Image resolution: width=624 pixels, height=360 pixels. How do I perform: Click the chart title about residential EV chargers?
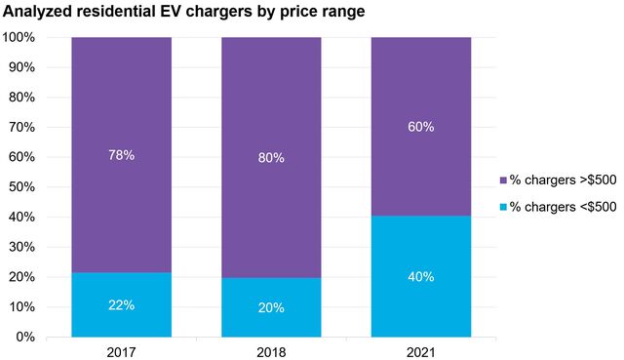pyautogui.click(x=183, y=13)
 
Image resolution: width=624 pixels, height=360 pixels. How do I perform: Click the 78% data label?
pyautogui.click(x=121, y=154)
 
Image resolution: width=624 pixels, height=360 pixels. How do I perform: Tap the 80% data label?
pyautogui.click(x=271, y=157)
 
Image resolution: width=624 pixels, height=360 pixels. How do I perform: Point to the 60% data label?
pyautogui.click(x=421, y=127)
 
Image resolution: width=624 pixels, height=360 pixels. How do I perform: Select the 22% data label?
pyautogui.click(x=121, y=304)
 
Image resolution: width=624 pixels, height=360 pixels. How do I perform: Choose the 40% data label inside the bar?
pyautogui.click(x=421, y=276)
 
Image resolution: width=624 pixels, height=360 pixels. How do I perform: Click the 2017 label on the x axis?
pyautogui.click(x=121, y=350)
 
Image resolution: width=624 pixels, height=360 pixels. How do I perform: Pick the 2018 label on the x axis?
pyautogui.click(x=271, y=350)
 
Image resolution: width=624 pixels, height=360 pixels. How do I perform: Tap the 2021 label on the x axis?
pyautogui.click(x=421, y=350)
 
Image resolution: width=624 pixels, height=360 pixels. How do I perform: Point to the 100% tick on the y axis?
pyautogui.click(x=20, y=37)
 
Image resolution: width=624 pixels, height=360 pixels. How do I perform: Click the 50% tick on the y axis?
pyautogui.click(x=23, y=187)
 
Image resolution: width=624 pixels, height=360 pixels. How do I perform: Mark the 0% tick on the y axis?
pyautogui.click(x=27, y=337)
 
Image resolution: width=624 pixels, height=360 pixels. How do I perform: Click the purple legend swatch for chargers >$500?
pyautogui.click(x=503, y=180)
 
